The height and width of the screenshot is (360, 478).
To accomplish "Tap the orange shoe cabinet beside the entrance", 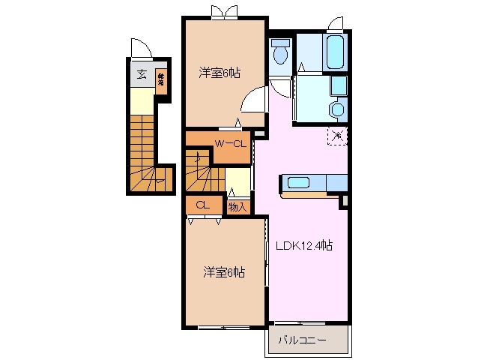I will click(x=161, y=78).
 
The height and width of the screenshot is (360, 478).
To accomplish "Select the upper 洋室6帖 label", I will click(x=220, y=73).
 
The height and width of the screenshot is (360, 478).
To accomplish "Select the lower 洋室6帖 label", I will click(x=224, y=271).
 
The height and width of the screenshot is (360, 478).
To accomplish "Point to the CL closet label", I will click(x=202, y=205).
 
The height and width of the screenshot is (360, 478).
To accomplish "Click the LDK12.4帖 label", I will click(x=305, y=245).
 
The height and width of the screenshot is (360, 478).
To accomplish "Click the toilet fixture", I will click(x=281, y=52).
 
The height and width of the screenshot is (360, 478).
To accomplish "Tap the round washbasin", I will click(x=338, y=110).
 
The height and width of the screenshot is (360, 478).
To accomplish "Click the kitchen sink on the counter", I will click(x=299, y=182).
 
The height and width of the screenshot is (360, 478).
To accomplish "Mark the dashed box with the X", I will click(x=336, y=136).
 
